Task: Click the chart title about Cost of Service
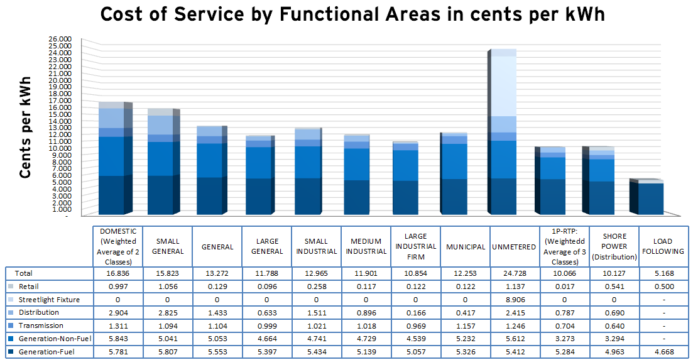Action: click(x=352, y=14)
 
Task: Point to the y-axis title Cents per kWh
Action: click(x=26, y=128)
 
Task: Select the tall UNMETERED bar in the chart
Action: click(x=504, y=132)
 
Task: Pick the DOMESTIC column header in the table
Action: click(x=117, y=246)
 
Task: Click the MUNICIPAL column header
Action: click(x=466, y=247)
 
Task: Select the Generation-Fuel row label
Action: click(x=45, y=352)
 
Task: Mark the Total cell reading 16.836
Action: click(x=117, y=273)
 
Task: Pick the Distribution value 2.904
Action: click(x=117, y=312)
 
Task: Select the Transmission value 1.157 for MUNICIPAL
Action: click(x=466, y=325)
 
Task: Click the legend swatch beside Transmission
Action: click(x=11, y=325)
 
